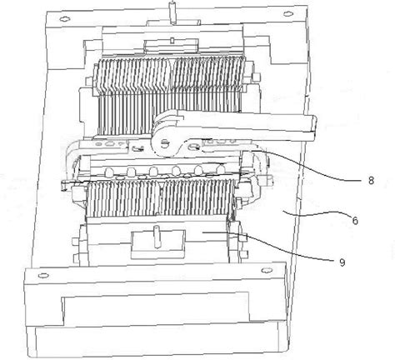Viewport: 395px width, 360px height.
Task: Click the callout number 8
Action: (x=371, y=181)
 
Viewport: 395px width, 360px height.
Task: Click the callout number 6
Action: (x=355, y=221)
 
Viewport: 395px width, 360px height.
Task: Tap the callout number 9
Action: (x=342, y=262)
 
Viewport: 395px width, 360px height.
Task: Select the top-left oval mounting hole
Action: (x=65, y=19)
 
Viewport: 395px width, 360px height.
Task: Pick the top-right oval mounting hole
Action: (x=287, y=13)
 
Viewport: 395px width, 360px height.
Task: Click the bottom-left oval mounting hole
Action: (x=43, y=276)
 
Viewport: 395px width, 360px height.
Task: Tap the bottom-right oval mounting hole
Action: (x=266, y=270)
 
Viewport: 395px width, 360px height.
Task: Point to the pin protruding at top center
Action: (x=173, y=12)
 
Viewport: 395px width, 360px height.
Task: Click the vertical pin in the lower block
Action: (x=157, y=237)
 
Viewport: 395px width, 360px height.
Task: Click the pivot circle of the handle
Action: (x=165, y=143)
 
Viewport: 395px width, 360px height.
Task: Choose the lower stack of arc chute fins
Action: (x=160, y=197)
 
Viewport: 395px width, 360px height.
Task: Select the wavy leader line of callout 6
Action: (x=316, y=214)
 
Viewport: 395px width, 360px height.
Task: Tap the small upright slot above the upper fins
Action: (x=172, y=40)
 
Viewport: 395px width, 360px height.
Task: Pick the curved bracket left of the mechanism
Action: (x=70, y=158)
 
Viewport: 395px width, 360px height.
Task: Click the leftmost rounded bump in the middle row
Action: (x=109, y=172)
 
